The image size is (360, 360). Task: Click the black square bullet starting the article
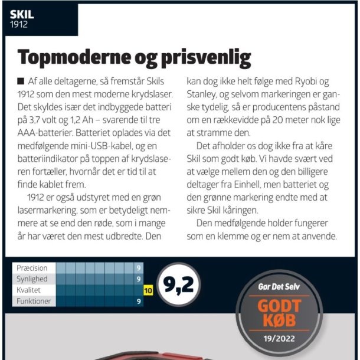point(21,81)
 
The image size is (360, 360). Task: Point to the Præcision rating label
point(32,268)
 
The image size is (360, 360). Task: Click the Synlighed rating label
point(32,279)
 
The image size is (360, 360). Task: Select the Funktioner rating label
point(34,302)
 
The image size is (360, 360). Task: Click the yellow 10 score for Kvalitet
point(148,290)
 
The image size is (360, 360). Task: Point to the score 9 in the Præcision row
point(139,268)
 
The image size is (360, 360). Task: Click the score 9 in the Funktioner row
point(139,302)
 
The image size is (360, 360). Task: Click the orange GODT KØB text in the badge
point(279,313)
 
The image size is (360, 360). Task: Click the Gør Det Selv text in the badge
point(279,286)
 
